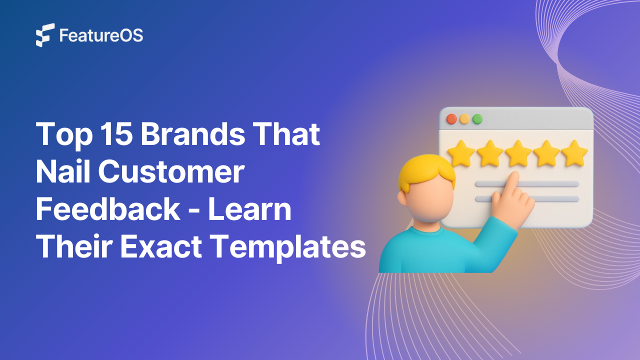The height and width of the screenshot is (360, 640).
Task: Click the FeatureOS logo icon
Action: (45, 35)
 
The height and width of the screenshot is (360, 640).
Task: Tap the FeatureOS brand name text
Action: (101, 35)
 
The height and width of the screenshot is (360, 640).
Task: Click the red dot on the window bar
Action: (451, 119)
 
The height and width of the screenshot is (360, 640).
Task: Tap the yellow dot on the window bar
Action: (464, 119)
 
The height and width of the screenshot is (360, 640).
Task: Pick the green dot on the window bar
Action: (477, 119)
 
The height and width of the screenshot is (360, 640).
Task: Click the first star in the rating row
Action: (460, 153)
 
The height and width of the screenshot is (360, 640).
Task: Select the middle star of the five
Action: (517, 153)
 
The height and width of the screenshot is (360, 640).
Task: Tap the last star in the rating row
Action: (574, 153)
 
